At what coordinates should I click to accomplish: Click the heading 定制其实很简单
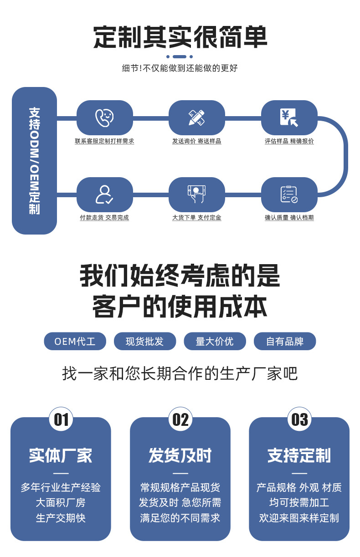(x=180, y=37)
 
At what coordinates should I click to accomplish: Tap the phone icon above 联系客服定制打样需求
(x=104, y=118)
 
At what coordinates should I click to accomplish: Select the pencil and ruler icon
(x=196, y=118)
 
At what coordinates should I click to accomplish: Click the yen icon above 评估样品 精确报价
(x=289, y=118)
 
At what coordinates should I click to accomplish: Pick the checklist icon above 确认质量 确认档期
(x=289, y=194)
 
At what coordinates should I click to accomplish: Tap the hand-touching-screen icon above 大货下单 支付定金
(x=196, y=194)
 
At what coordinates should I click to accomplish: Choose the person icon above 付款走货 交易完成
(x=104, y=194)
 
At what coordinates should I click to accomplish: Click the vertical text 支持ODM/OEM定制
(x=34, y=161)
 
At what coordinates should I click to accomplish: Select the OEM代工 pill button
(x=75, y=341)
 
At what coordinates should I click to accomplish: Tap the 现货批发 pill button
(x=144, y=341)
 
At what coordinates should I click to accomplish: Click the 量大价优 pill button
(x=215, y=341)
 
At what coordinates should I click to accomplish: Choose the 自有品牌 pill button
(x=285, y=341)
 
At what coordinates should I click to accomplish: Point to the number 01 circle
(x=61, y=419)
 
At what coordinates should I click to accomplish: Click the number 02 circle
(x=180, y=419)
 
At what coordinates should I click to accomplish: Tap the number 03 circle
(x=299, y=419)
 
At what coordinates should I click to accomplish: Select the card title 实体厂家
(x=61, y=455)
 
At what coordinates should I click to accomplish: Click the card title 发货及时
(x=180, y=455)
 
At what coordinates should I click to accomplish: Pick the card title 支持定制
(x=299, y=455)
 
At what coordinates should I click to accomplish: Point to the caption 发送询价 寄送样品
(x=196, y=141)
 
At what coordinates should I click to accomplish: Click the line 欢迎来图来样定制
(x=299, y=518)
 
